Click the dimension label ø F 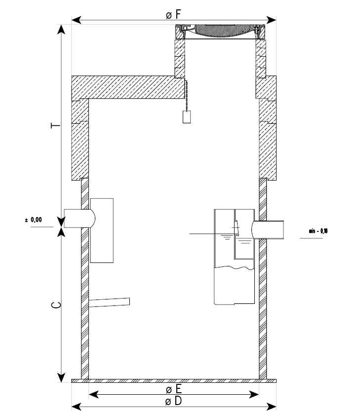click(x=173, y=14)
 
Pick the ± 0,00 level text click(x=34, y=220)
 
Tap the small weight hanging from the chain click(x=187, y=117)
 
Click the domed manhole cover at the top click(x=220, y=31)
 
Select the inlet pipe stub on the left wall click(x=78, y=218)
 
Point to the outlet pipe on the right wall click(x=269, y=229)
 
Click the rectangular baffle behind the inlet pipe click(x=102, y=230)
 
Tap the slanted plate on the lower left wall click(x=109, y=302)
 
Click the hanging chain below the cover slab click(x=187, y=94)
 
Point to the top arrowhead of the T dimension click(x=61, y=28)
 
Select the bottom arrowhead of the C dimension click(x=61, y=377)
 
